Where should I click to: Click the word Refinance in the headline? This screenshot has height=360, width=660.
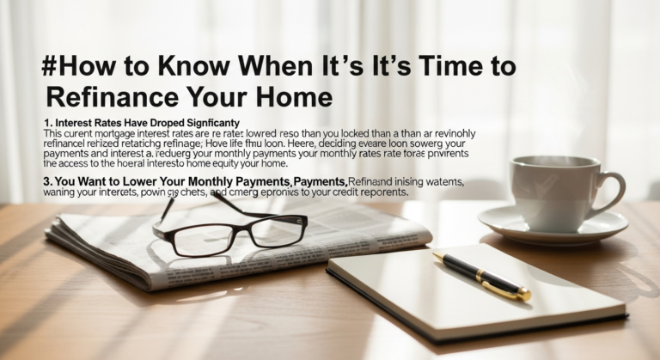point(103,96)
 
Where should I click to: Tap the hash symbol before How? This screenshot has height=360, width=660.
point(50,65)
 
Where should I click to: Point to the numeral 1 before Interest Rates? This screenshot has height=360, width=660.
point(47,124)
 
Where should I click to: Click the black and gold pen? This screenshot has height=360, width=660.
point(481,276)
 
